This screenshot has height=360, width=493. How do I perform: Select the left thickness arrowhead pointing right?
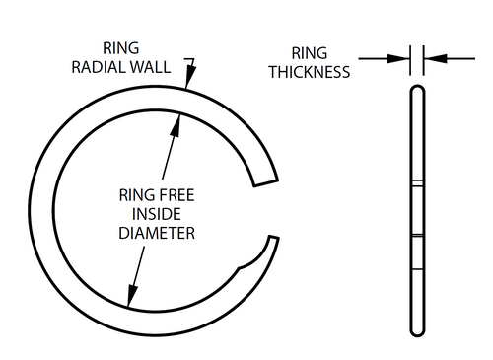click(404, 58)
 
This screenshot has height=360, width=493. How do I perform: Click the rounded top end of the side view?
click(416, 92)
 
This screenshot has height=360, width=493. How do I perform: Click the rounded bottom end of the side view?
click(416, 329)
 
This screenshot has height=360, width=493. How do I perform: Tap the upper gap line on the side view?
click(416, 183)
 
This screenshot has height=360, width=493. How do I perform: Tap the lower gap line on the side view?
click(416, 238)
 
